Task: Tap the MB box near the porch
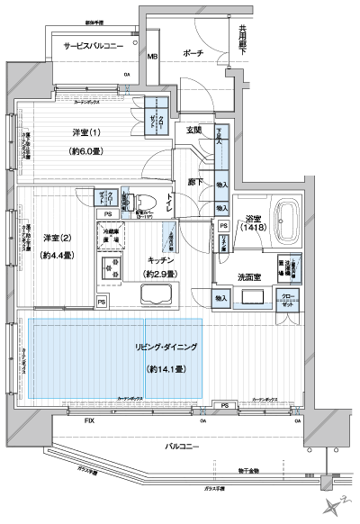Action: (152, 57)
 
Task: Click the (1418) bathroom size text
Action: (251, 229)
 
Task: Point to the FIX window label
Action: (89, 420)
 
